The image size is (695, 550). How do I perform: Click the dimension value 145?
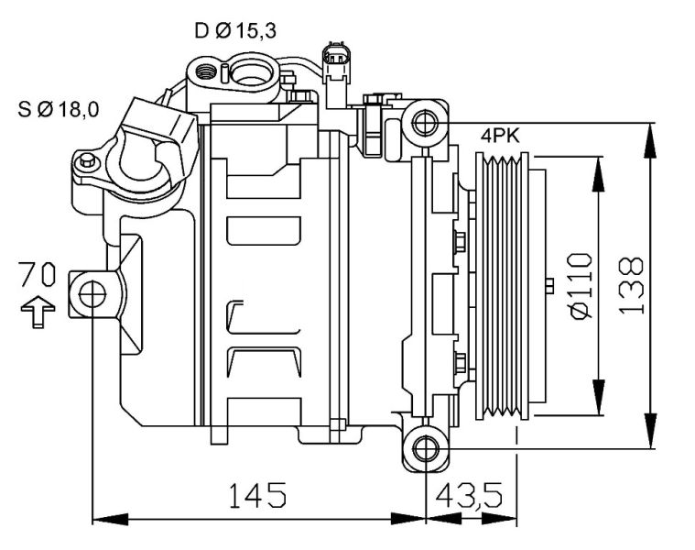point(256,496)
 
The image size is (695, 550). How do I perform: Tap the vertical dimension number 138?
point(631,285)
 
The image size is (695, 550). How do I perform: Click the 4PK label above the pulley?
point(500,136)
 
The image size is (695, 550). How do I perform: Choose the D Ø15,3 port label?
point(235,31)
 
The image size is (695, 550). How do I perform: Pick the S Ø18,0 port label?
point(59,111)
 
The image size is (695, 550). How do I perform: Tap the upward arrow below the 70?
point(38,311)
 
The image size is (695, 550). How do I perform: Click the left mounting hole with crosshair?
point(93,294)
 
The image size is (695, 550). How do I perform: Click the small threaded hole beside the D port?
point(207,69)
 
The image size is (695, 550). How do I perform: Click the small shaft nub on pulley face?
point(548,286)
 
